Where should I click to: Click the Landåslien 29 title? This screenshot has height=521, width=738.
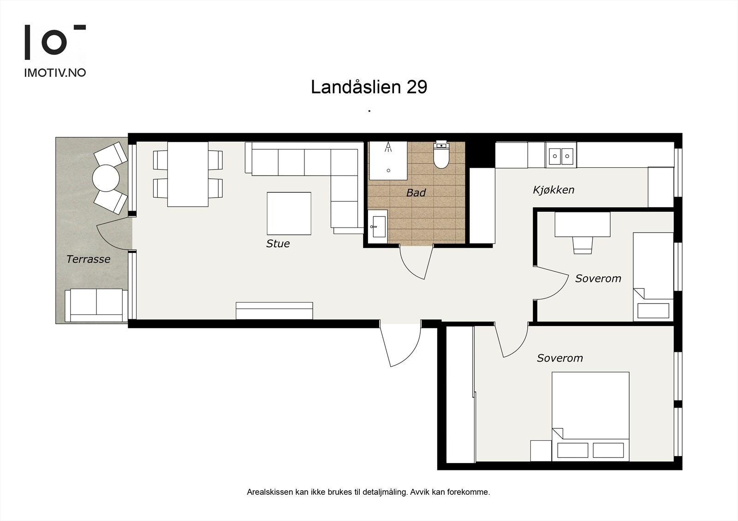click(369, 87)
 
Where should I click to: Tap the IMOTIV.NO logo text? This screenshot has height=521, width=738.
click(55, 73)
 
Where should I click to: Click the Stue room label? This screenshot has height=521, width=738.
click(278, 244)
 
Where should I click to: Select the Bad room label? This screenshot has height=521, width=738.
click(416, 193)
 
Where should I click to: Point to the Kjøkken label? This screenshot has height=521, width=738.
click(553, 190)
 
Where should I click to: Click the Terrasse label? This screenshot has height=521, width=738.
click(88, 259)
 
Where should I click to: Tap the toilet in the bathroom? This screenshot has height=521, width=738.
click(441, 156)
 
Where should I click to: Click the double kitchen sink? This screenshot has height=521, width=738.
click(560, 156)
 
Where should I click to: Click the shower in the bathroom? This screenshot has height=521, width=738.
click(388, 160)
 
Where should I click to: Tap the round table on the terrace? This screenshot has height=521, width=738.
click(106, 178)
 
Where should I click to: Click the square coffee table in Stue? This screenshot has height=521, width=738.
click(289, 213)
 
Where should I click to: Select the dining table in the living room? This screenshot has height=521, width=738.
click(188, 174)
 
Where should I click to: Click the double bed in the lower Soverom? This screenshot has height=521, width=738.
click(590, 415)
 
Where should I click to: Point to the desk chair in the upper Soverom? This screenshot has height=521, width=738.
click(582, 245)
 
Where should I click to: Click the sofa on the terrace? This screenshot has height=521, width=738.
click(96, 305)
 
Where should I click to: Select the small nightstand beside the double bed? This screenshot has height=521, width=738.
click(541, 450)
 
